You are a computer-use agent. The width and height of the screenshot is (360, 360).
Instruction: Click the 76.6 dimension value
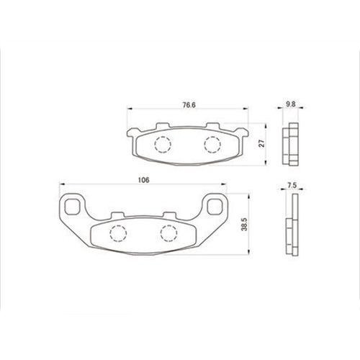[189, 105]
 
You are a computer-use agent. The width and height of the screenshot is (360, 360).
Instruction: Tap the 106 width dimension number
[143, 180]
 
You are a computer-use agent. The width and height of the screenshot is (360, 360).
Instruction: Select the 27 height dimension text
[262, 143]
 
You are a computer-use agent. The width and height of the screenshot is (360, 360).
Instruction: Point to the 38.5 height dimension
[244, 225]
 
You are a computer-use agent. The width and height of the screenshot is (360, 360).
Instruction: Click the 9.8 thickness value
[291, 104]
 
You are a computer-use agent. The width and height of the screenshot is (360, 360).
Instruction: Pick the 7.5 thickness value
[292, 186]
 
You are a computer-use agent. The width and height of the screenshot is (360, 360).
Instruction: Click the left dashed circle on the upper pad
[163, 145]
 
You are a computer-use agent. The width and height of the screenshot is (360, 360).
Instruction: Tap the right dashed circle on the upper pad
[212, 145]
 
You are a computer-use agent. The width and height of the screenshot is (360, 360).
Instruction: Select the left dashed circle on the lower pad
[118, 233]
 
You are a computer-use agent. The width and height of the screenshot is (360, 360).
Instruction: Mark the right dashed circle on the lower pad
[169, 233]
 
